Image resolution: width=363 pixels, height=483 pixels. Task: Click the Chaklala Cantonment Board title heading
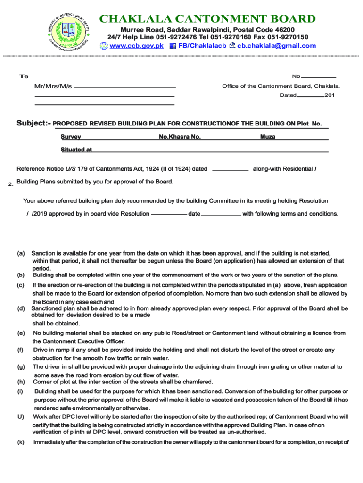tap(207, 19)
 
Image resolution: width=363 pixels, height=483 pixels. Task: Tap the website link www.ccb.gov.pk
tap(136, 46)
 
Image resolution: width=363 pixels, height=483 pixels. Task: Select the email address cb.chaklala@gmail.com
tap(276, 46)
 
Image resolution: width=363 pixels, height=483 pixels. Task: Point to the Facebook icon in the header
tap(173, 46)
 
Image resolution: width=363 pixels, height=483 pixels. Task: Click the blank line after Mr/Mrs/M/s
tap(125, 88)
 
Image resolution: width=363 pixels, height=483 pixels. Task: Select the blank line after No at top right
tap(319, 76)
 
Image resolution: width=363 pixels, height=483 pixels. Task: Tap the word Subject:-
tap(33, 124)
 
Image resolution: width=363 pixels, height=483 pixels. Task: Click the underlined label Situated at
tap(76, 150)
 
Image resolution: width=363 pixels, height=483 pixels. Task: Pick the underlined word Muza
tap(268, 137)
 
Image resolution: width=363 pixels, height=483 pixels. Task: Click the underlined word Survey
tap(71, 137)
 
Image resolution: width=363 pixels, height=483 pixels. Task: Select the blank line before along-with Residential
tap(231, 169)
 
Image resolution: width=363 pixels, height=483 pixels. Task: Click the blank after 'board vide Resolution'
tap(168, 214)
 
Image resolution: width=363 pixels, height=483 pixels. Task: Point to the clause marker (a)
tap(21, 253)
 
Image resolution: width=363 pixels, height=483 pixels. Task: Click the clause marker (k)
tap(21, 442)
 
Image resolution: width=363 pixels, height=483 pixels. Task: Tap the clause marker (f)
tap(21, 350)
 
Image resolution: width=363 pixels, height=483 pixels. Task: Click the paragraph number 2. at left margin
tap(10, 184)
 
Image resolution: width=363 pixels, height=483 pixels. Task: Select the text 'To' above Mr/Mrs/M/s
tap(24, 76)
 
